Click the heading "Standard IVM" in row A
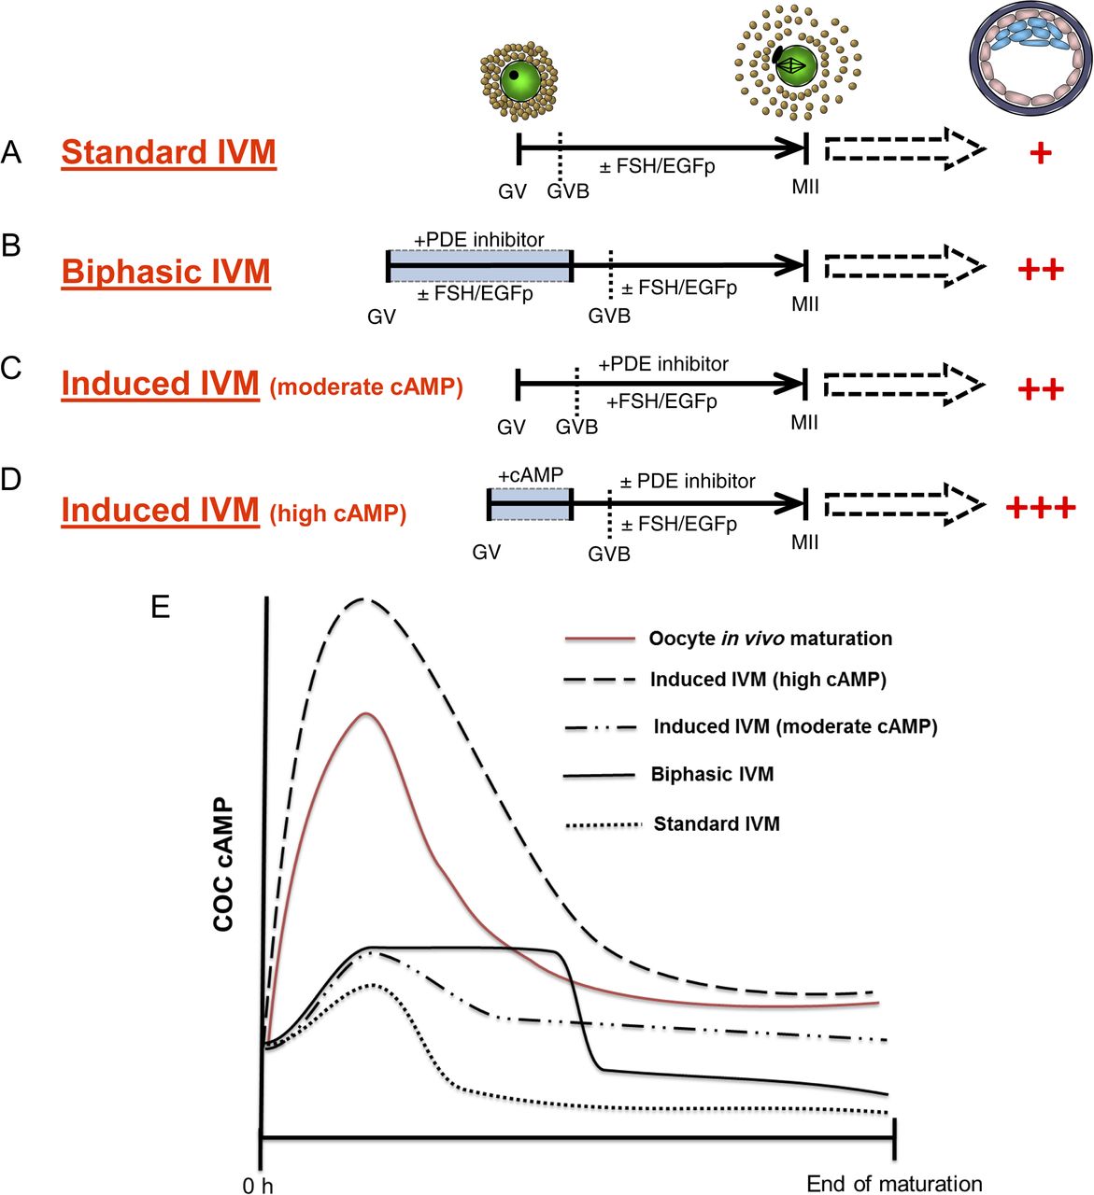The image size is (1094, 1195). point(169,152)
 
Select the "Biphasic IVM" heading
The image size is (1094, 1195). point(166,272)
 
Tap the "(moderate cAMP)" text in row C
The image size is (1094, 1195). point(366,387)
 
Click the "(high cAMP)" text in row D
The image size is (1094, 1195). point(338,513)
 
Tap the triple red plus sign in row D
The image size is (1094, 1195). point(1040,508)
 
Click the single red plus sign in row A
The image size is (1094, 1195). point(1040,152)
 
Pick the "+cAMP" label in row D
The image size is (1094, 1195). point(531,475)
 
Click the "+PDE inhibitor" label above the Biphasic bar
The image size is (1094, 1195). point(479,240)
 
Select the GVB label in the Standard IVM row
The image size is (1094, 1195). point(568,191)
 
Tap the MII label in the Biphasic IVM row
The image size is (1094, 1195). point(805,304)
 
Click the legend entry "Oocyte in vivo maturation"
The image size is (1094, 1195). point(770,639)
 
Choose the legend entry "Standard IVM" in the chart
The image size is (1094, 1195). point(717,823)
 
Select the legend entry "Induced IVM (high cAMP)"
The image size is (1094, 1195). point(768,680)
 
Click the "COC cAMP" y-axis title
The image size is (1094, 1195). point(223,865)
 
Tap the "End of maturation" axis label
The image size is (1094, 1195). point(894,1184)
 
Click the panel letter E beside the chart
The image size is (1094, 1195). point(161,608)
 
